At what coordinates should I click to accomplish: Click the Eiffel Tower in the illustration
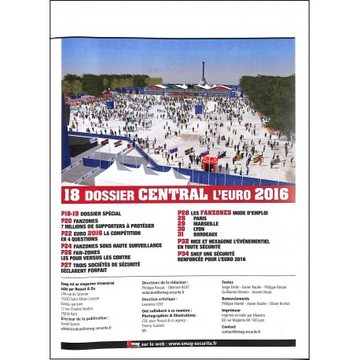point(203,72)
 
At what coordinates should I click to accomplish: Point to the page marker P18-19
point(72,213)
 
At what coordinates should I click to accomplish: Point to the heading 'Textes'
point(228,281)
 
